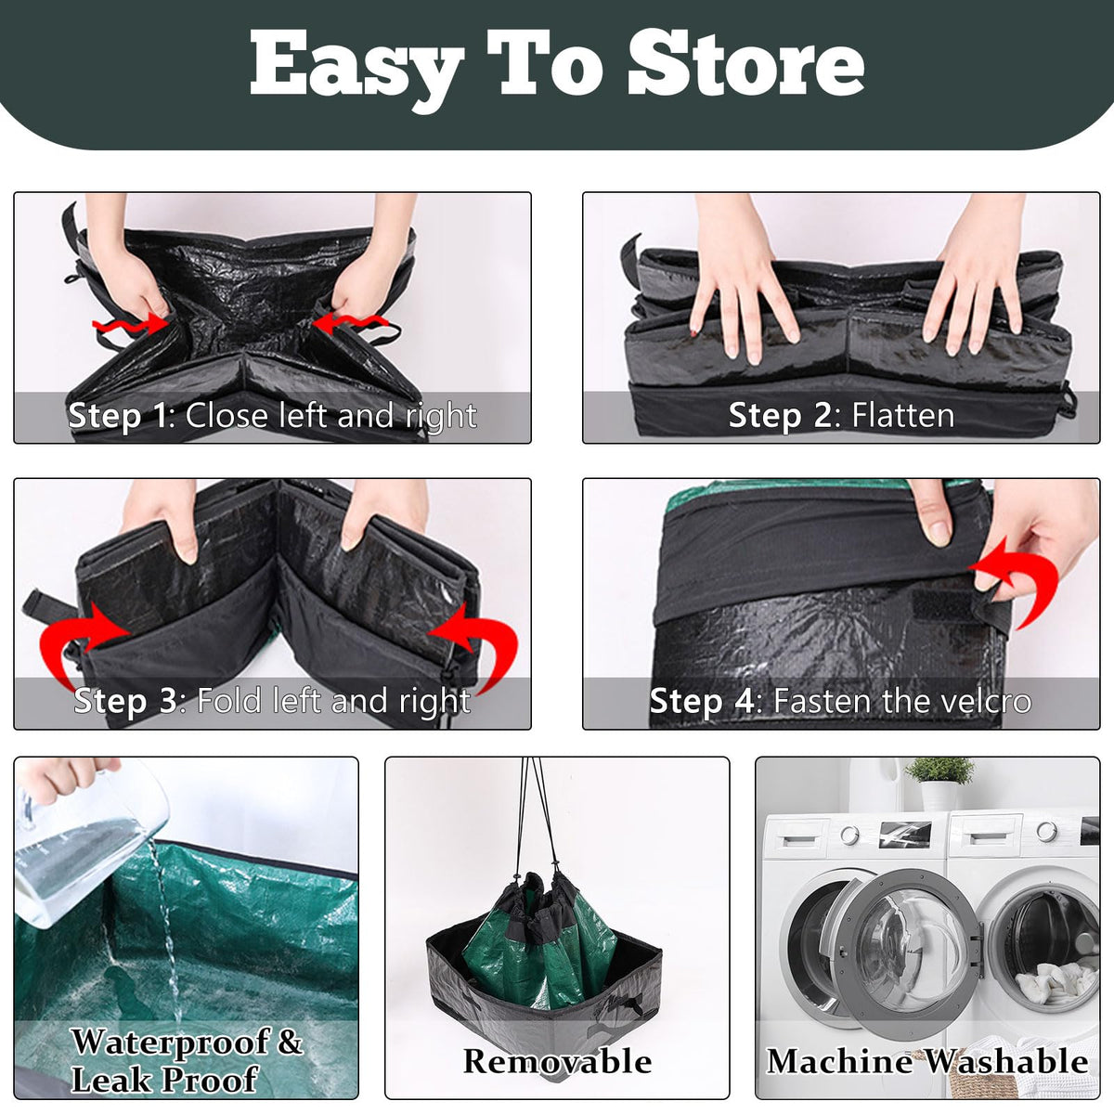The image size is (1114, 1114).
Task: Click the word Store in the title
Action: pyautogui.click(x=746, y=65)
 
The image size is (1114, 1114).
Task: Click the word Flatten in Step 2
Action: pyautogui.click(x=903, y=416)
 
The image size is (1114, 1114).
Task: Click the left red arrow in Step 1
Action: pyautogui.click(x=131, y=324)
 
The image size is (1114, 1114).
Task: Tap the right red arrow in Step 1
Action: pyautogui.click(x=352, y=323)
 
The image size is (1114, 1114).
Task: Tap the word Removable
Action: pyautogui.click(x=557, y=1061)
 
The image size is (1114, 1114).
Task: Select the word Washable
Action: pyautogui.click(x=1005, y=1061)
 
